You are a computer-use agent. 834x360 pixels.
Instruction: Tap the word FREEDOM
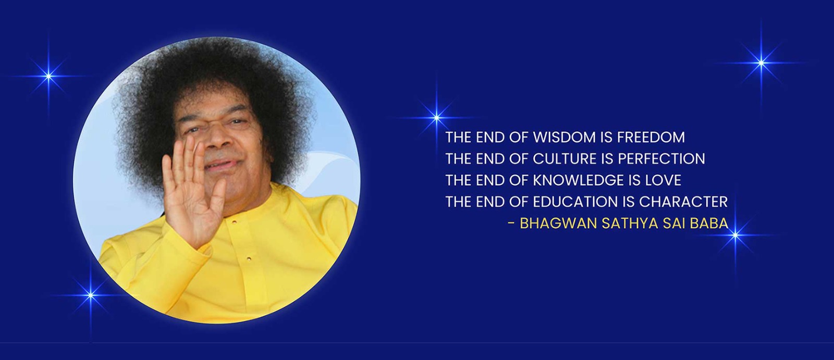coord(651,138)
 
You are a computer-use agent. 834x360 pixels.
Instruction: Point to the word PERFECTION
coord(661,159)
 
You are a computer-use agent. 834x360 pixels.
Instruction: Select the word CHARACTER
coord(683,202)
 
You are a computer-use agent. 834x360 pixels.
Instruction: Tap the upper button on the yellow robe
coord(234,222)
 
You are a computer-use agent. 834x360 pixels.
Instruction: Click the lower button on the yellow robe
coord(249,258)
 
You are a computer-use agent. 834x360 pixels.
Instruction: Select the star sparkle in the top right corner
coord(762,63)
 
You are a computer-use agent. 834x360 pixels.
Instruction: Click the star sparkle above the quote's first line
coord(437,118)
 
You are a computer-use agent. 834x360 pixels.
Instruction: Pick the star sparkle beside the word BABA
coord(735,235)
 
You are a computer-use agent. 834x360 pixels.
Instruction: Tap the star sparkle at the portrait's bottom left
coord(91,295)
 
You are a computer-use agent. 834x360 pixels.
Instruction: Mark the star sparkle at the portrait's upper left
coord(49,76)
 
